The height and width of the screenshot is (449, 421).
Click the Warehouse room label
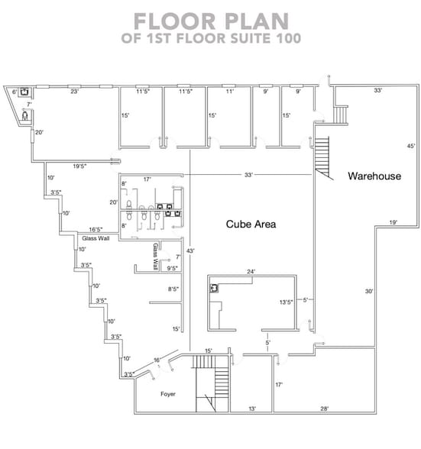click(x=374, y=176)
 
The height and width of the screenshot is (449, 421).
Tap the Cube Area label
click(x=251, y=224)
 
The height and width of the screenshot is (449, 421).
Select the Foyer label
click(x=168, y=394)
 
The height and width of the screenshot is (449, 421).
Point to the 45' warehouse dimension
click(x=410, y=146)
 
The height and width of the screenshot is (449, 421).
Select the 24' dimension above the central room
click(x=251, y=271)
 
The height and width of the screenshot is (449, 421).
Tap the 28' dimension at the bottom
click(x=325, y=409)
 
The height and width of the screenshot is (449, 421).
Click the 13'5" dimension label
click(x=286, y=302)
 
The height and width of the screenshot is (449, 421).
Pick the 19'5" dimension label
click(x=79, y=166)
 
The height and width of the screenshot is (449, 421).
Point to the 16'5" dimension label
click(x=96, y=229)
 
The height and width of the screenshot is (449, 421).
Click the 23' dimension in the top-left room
click(x=75, y=92)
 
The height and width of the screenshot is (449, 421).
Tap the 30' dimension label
click(x=368, y=291)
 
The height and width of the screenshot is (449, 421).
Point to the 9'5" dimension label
click(x=173, y=268)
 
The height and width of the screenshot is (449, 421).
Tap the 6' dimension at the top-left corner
click(x=15, y=92)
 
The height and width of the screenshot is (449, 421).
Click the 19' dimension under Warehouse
click(x=393, y=222)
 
